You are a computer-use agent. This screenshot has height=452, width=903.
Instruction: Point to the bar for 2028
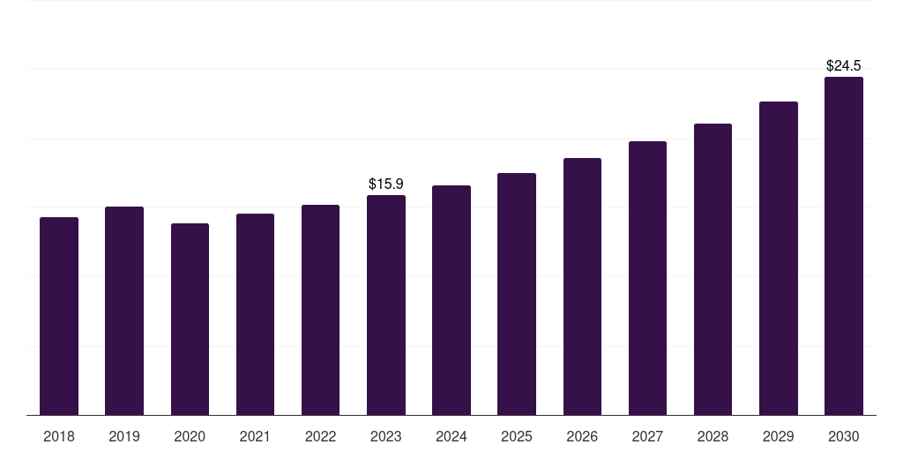[x=713, y=269]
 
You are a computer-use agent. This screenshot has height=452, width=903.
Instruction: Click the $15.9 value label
[x=386, y=184]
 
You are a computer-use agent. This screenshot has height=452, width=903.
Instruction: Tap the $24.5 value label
[x=844, y=65]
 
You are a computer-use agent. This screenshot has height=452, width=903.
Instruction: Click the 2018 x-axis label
[x=59, y=436]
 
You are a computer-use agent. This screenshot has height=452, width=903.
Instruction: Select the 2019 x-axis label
[x=124, y=436]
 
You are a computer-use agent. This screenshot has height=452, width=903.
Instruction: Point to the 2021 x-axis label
[x=255, y=436]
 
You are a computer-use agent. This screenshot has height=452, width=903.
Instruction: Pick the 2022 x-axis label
[x=320, y=436]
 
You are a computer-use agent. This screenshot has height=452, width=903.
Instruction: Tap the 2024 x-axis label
[x=451, y=436]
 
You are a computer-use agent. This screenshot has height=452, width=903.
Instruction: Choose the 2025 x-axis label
[x=517, y=436]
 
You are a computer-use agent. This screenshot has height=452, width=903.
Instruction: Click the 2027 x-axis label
[x=647, y=436]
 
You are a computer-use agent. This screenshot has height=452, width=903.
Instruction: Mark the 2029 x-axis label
[x=778, y=436]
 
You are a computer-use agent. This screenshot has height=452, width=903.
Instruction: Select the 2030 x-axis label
[x=844, y=436]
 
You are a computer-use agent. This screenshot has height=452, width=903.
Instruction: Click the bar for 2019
[x=124, y=311]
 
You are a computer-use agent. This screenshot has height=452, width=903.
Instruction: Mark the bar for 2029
[x=778, y=258]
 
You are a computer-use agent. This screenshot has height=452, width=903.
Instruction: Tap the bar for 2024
[x=451, y=300]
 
